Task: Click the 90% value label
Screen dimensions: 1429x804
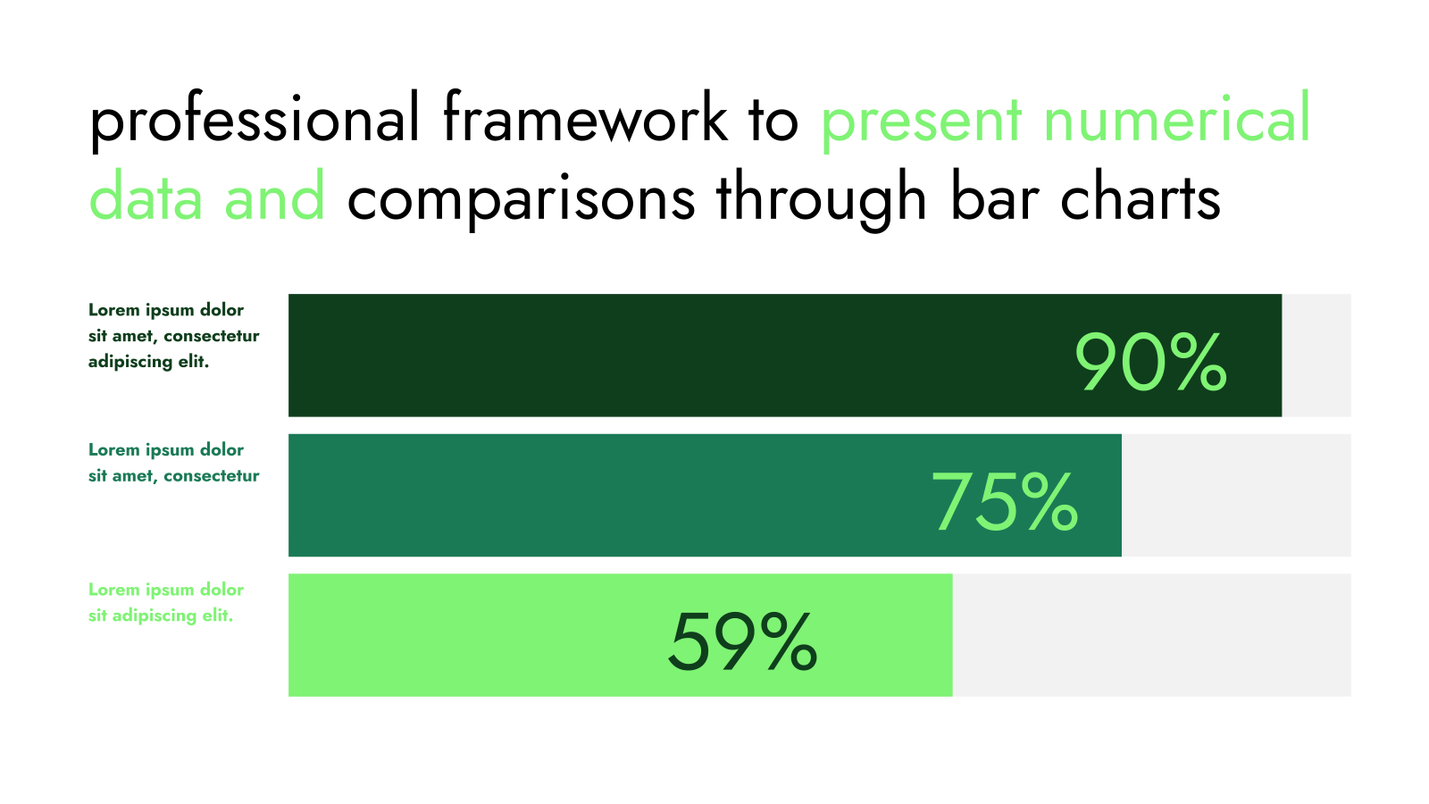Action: tap(1151, 362)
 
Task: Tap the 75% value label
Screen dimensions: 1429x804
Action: tap(1005, 501)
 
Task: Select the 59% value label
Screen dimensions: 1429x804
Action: tap(742, 641)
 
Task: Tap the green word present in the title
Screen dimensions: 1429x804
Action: tap(922, 124)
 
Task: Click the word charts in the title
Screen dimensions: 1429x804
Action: tap(1141, 196)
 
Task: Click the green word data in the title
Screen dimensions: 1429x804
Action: tap(146, 196)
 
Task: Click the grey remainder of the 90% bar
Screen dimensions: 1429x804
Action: tap(1316, 356)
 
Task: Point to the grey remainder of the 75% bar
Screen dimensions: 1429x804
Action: tap(1236, 495)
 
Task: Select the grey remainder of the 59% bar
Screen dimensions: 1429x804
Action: tap(1151, 635)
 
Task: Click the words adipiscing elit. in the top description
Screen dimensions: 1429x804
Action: tap(148, 363)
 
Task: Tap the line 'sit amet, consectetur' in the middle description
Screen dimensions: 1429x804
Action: tap(173, 476)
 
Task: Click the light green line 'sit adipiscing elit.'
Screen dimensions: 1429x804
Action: tap(161, 616)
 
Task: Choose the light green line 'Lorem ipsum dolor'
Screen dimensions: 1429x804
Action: tap(166, 590)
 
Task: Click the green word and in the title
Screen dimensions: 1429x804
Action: tap(274, 196)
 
